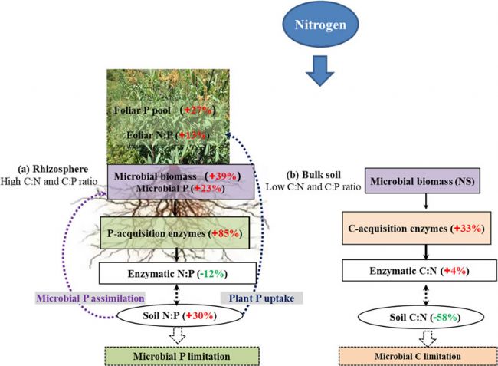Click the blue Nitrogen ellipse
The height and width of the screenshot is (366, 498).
click(x=322, y=25)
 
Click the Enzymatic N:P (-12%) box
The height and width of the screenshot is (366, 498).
click(x=177, y=272)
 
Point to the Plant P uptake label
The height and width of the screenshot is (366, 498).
click(x=229, y=296)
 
